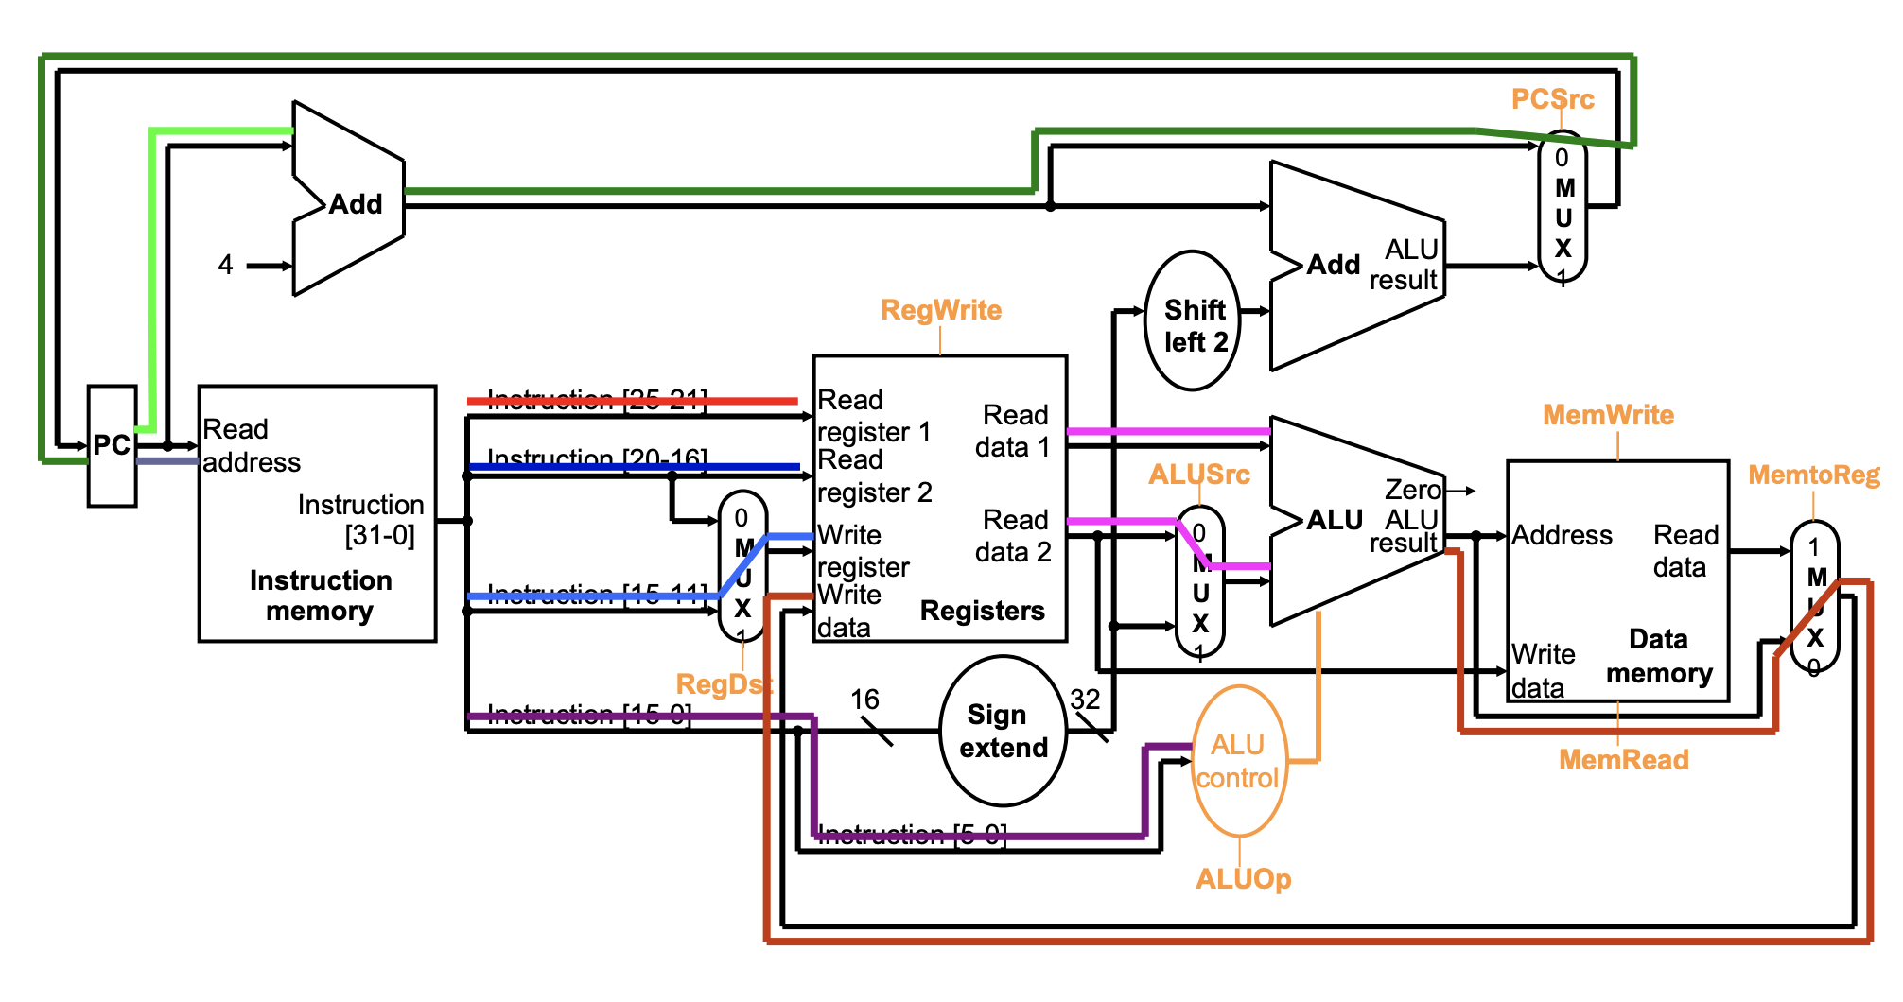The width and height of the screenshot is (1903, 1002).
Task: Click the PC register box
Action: [x=112, y=445]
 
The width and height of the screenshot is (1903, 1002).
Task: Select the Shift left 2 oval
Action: [x=1194, y=322]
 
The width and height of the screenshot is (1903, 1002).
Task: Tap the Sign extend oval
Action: [x=1003, y=731]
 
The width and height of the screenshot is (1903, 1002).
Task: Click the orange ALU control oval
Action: [x=1238, y=761]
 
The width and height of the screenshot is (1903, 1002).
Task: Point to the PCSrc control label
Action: [x=1552, y=99]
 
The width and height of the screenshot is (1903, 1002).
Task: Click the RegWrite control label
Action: [x=940, y=310]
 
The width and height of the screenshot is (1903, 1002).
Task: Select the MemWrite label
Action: [x=1608, y=415]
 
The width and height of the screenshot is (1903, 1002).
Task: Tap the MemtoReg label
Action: [x=1813, y=475]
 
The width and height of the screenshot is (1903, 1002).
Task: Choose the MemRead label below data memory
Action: [x=1623, y=760]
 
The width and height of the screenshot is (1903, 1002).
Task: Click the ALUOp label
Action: [x=1243, y=879]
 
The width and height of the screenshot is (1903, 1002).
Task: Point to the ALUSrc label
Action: [x=1198, y=475]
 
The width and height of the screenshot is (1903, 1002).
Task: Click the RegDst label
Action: [x=724, y=684]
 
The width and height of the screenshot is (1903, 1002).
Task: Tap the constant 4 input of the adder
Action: [x=225, y=265]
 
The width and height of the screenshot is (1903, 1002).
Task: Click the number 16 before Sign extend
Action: [x=864, y=700]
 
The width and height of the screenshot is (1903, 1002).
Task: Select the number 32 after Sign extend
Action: [x=1085, y=700]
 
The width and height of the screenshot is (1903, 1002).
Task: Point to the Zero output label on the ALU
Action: [x=1412, y=490]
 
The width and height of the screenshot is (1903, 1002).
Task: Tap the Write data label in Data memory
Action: [x=1543, y=670]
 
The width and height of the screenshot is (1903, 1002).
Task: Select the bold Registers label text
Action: [x=982, y=611]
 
